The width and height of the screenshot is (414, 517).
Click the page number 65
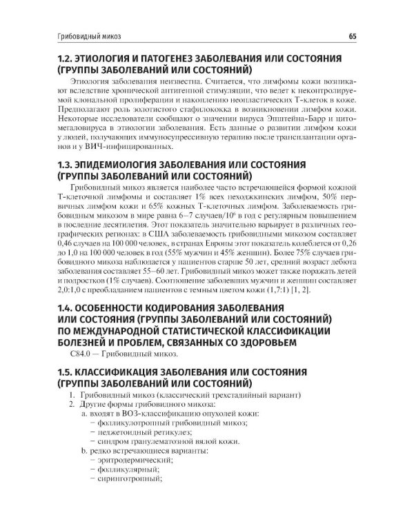(x=371, y=35)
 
